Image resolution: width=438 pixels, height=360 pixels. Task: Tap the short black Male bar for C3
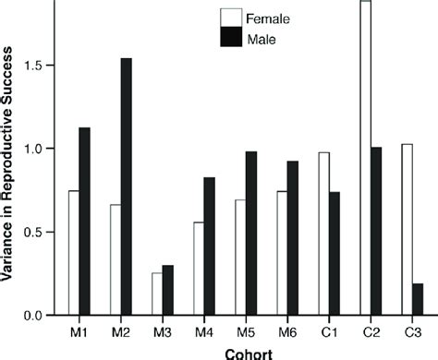pos(419,299)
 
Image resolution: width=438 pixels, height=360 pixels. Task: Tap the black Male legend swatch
pos(230,39)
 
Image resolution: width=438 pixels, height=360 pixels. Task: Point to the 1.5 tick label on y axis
pos(41,66)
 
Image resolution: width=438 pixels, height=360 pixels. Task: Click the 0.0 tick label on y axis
pos(41,316)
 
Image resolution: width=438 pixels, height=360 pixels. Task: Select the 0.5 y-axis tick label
pos(41,233)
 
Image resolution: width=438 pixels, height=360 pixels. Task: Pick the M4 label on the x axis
pos(203,331)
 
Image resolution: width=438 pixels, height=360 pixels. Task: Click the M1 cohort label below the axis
pos(79,331)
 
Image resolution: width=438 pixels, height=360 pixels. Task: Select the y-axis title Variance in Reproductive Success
pos(10,166)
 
